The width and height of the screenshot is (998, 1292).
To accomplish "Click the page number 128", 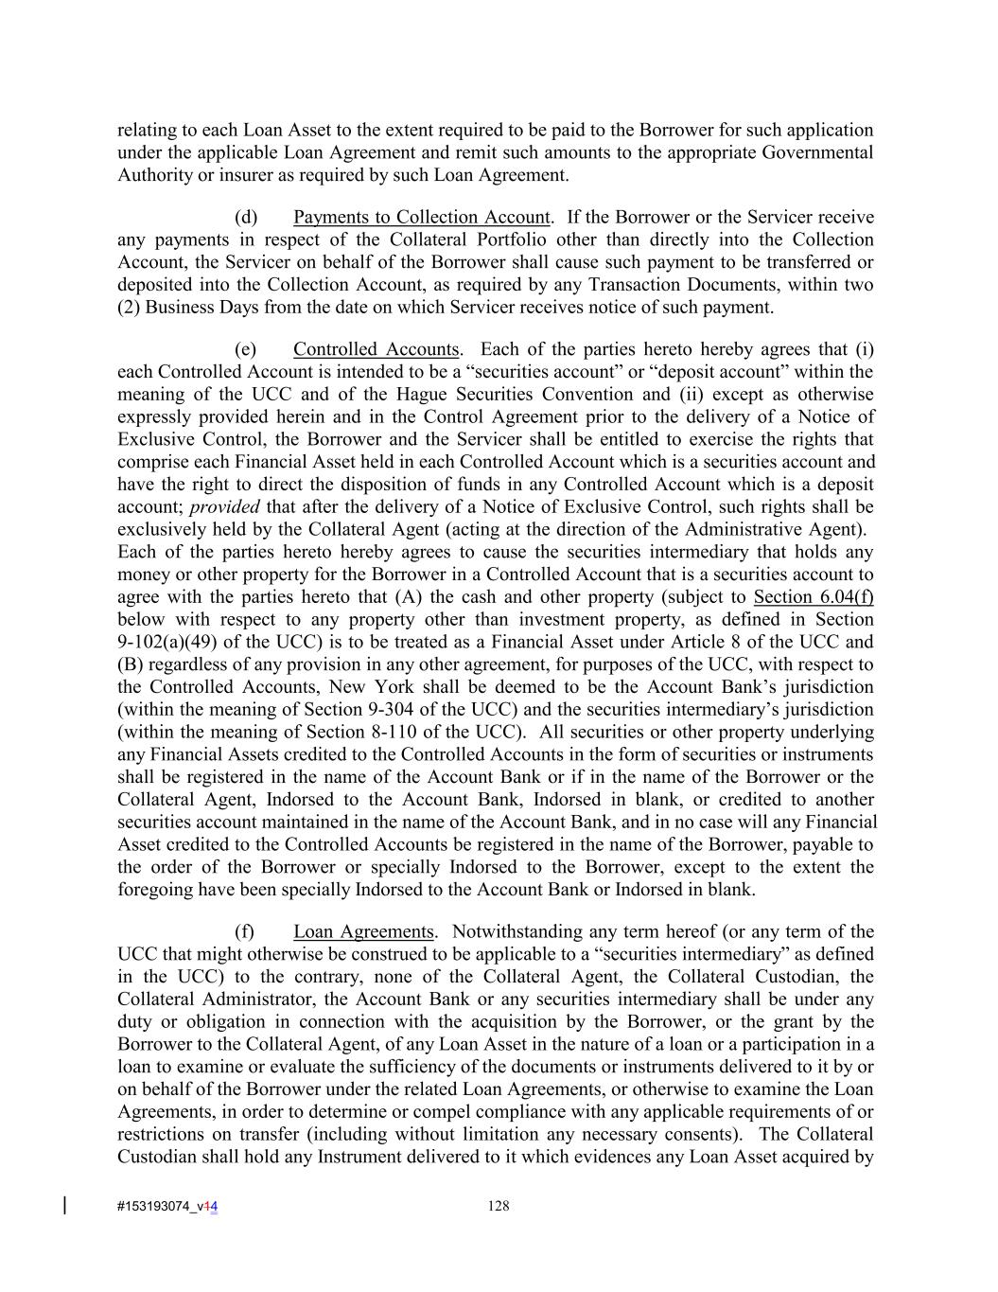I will point(499,1206).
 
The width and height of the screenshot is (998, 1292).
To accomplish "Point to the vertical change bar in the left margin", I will point(64,1205).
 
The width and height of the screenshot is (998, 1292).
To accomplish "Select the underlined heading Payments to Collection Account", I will point(421,218).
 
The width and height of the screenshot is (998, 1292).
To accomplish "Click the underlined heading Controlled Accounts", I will point(376,349).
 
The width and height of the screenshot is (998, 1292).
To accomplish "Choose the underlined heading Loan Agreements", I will point(363,932).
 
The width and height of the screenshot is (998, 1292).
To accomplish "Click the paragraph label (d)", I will point(246,218).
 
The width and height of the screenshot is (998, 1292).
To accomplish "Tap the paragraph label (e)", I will point(246,349).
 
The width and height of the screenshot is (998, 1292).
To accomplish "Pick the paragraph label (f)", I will point(244,932).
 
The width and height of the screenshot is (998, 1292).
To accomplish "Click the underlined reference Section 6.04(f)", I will point(813,597).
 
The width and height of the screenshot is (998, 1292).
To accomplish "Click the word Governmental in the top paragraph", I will point(817,152).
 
